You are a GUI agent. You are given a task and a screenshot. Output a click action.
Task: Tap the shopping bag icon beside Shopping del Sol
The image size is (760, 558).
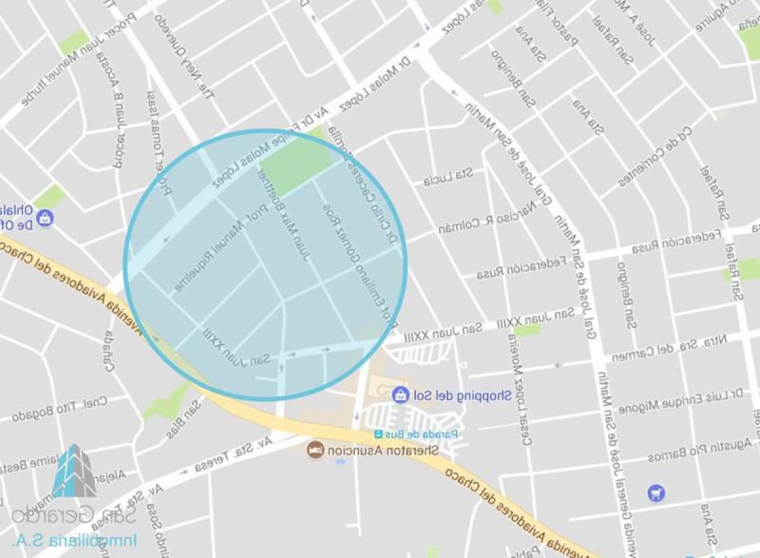tap(400, 396)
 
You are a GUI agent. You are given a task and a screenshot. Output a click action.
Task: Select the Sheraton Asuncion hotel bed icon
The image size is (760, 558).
tap(315, 450)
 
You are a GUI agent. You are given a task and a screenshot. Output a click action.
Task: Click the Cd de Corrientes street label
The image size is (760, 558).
tap(656, 157)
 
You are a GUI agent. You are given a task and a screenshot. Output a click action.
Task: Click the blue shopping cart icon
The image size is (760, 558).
tap(656, 492)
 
